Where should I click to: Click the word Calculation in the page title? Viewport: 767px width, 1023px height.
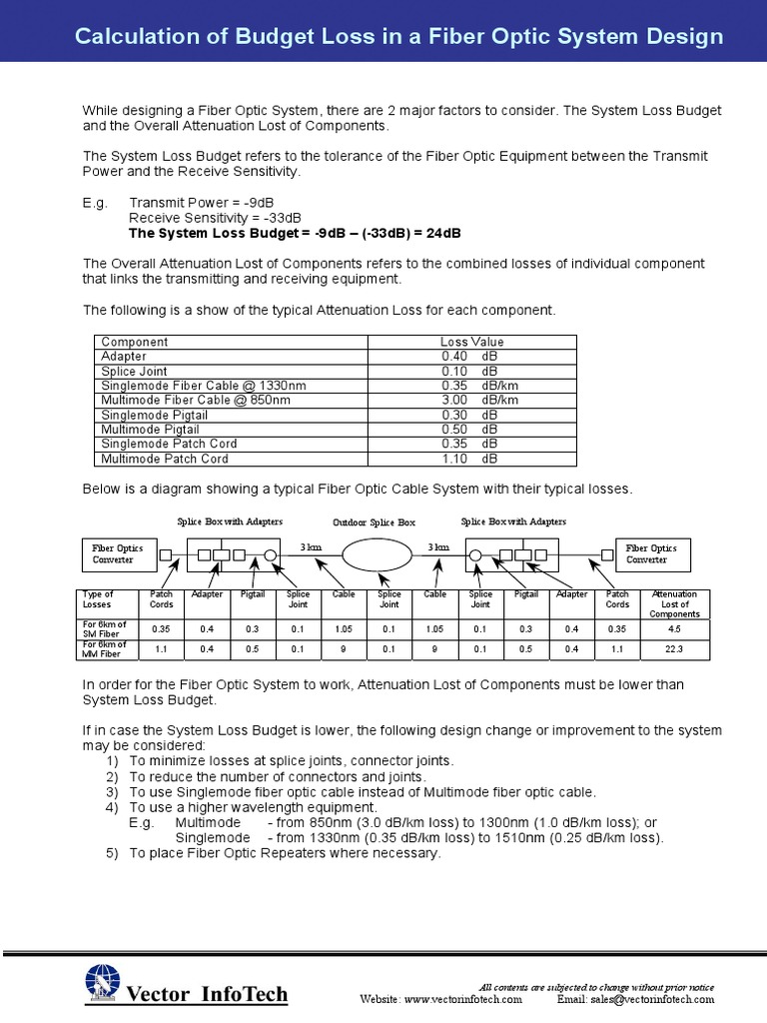(134, 37)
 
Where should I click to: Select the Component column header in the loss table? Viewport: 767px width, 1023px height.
(135, 342)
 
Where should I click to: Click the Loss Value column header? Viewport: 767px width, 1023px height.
(472, 342)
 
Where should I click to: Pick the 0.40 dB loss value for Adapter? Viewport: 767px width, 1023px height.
(470, 356)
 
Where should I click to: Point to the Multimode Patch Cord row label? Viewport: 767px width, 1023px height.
(165, 459)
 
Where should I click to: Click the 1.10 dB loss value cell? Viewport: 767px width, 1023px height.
(470, 459)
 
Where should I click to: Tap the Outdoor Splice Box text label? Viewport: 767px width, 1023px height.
(374, 522)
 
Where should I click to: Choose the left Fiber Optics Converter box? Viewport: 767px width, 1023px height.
(118, 553)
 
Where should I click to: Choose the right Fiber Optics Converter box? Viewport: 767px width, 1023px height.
(650, 553)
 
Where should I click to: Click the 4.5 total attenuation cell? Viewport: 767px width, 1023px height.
(674, 629)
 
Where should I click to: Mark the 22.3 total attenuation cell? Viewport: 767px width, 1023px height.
(674, 649)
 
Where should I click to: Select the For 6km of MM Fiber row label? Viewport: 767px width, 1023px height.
(105, 649)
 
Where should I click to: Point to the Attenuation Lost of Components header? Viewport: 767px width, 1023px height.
(674, 603)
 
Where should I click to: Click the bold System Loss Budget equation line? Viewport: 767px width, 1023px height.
(295, 233)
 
